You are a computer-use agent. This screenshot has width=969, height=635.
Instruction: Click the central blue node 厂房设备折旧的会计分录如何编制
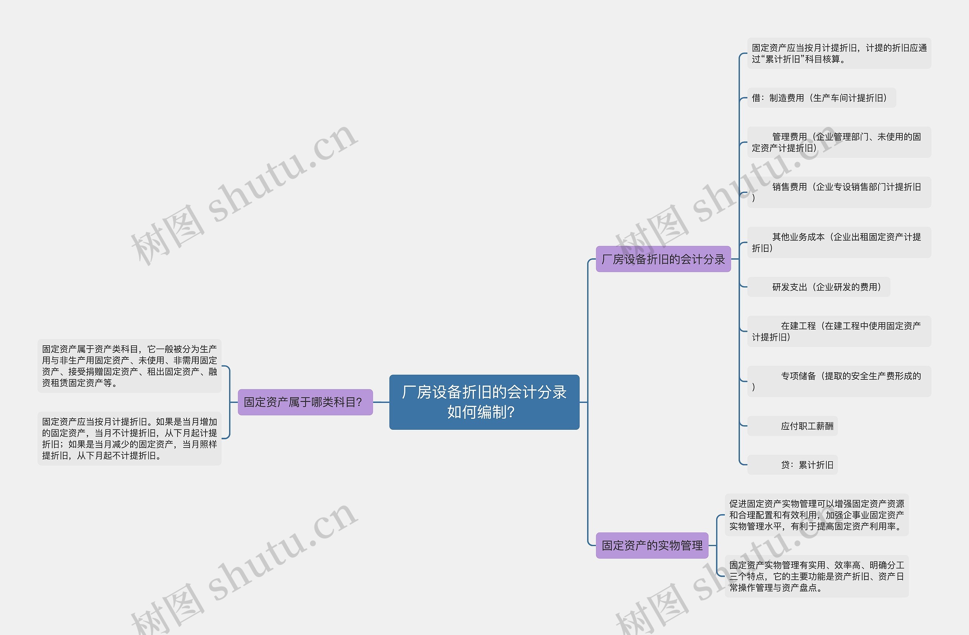[x=484, y=402]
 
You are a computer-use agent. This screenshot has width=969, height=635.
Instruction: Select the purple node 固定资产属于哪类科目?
[x=305, y=402]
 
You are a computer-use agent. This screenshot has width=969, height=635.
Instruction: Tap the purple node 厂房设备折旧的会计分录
[x=663, y=259]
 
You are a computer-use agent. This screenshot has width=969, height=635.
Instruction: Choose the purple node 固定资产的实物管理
[x=652, y=545]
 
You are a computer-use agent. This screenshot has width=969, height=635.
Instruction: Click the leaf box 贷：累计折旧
[x=792, y=465]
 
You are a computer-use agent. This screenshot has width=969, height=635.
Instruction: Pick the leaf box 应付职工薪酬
[x=792, y=426]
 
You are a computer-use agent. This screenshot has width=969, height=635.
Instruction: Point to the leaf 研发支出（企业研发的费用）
[x=818, y=287]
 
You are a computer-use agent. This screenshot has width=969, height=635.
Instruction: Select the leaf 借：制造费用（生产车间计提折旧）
[x=821, y=98]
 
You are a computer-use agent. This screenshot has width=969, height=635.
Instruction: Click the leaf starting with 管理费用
[x=839, y=142]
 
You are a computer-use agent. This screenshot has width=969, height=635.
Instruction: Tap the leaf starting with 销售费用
[x=839, y=192]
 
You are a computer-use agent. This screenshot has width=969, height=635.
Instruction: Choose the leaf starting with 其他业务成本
[x=839, y=242]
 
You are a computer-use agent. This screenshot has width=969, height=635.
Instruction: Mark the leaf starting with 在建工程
[x=839, y=331]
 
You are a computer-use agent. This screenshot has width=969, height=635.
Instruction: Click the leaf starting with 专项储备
[x=839, y=381]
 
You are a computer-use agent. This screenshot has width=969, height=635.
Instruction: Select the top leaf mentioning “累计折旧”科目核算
[x=839, y=53]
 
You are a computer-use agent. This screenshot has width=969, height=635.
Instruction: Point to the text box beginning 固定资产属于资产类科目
[x=129, y=366]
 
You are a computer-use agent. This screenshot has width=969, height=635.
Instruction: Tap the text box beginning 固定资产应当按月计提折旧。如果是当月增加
[x=129, y=439]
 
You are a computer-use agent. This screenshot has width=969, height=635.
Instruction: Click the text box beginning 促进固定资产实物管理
[x=816, y=515]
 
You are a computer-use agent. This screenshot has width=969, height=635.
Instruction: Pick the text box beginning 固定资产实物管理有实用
[x=816, y=576]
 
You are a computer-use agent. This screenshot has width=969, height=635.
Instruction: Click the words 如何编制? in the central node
[x=481, y=412]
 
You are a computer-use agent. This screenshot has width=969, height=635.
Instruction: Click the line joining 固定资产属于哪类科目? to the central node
[x=381, y=402]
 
